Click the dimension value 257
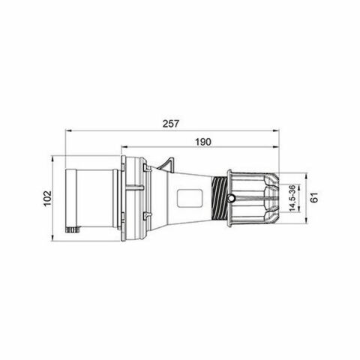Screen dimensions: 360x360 pyautogui.click(x=174, y=124)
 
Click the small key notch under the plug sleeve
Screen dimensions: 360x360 pyautogui.click(x=73, y=228)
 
